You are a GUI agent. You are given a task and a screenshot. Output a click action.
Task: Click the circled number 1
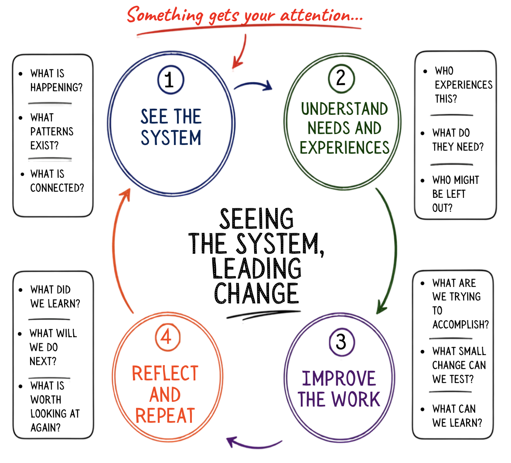(x=170, y=80)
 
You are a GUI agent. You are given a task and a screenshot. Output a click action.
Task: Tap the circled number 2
(x=341, y=78)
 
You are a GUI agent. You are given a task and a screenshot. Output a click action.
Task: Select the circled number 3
(x=341, y=342)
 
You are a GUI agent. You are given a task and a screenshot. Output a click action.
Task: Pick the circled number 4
(x=167, y=337)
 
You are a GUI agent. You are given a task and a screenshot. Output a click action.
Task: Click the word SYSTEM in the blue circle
(x=171, y=138)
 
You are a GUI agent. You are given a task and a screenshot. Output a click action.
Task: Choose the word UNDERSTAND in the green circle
(x=344, y=109)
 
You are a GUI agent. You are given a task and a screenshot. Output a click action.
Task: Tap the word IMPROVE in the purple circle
(x=339, y=379)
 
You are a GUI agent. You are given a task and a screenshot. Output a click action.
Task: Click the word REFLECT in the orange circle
(x=165, y=373)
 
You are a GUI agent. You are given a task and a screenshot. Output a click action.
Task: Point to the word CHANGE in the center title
(x=256, y=293)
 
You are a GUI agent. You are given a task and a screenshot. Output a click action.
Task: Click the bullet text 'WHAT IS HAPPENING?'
(x=56, y=80)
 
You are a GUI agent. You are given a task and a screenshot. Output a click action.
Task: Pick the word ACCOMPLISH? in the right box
(x=460, y=325)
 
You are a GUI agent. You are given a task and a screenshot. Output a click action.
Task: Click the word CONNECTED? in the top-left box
(x=57, y=188)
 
